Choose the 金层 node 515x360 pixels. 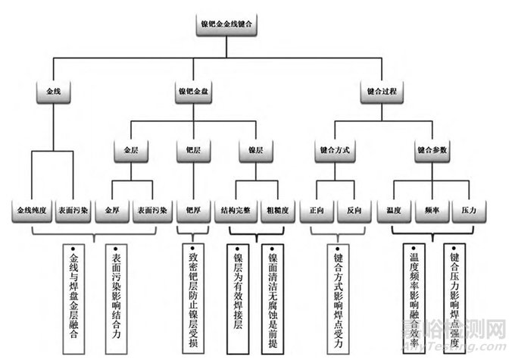pos(132,150)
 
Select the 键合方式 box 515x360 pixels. pos(334,150)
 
